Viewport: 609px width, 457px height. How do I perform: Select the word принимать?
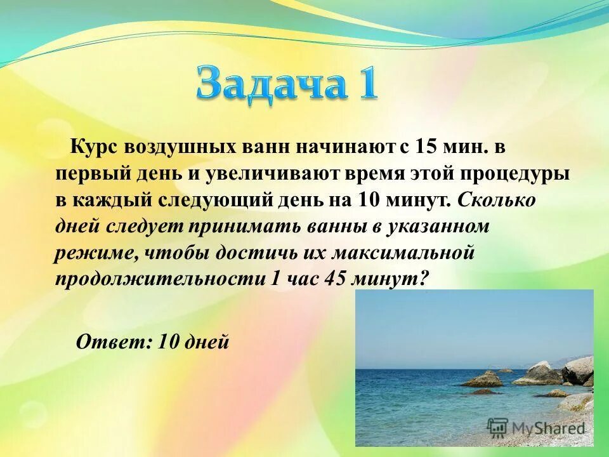pos(266,227)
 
